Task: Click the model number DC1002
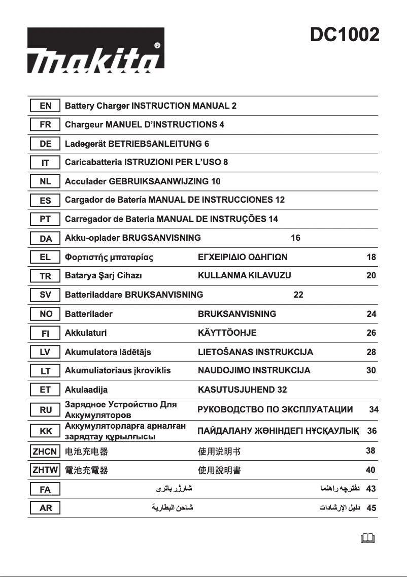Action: point(345,35)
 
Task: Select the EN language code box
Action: point(45,106)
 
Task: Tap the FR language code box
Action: point(45,124)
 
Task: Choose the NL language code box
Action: point(45,181)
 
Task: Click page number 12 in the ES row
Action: point(280,200)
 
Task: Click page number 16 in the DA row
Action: point(295,238)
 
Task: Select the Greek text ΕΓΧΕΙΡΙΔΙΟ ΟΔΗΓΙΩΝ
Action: point(242,257)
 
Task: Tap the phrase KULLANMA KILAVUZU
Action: point(244,276)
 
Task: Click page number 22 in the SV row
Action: point(298,295)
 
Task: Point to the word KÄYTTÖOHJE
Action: point(227,333)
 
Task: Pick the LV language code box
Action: point(45,352)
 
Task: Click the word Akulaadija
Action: point(86,390)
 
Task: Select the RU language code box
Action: point(45,410)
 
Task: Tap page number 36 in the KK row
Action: point(372,431)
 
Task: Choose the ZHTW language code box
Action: point(45,470)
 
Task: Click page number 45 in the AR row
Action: point(371,507)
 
